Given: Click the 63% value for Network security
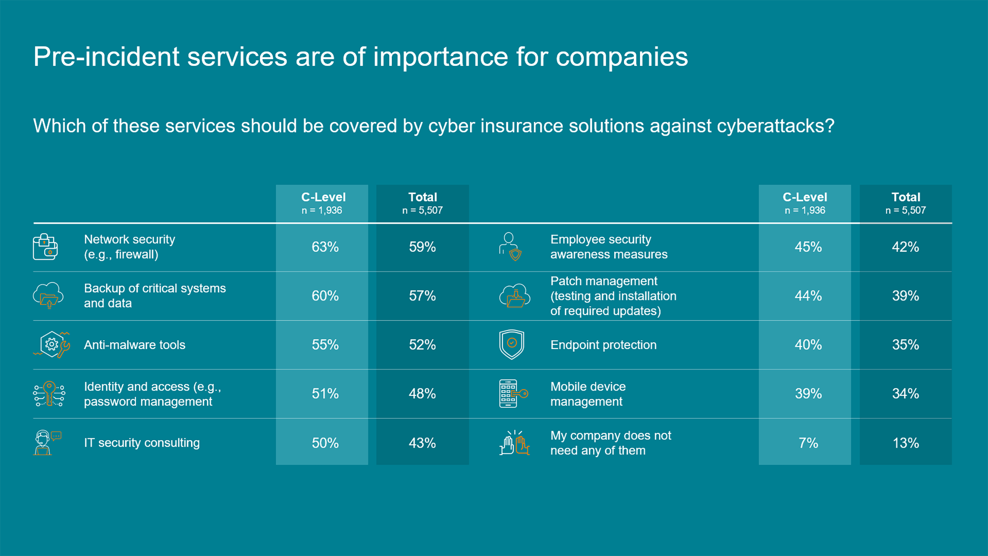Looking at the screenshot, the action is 325,247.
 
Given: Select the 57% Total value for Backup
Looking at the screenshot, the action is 422,296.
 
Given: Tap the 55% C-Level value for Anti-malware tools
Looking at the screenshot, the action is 325,345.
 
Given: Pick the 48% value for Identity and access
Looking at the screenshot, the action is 422,394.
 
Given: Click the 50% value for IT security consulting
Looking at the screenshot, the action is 325,443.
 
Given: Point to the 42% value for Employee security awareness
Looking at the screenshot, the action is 905,247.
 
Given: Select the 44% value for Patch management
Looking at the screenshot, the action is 808,296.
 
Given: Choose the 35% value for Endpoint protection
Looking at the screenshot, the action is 905,345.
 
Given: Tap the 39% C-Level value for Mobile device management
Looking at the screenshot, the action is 808,394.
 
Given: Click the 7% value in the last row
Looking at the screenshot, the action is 808,443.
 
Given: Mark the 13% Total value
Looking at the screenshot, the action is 906,443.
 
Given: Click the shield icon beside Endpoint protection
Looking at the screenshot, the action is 511,344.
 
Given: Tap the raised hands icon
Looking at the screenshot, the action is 514,443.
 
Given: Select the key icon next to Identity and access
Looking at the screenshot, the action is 49,394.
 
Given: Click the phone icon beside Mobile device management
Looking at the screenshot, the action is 513,393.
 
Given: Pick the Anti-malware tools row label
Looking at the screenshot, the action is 134,345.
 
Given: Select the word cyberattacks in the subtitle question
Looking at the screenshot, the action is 775,126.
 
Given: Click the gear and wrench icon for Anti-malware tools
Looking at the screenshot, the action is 52,344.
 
